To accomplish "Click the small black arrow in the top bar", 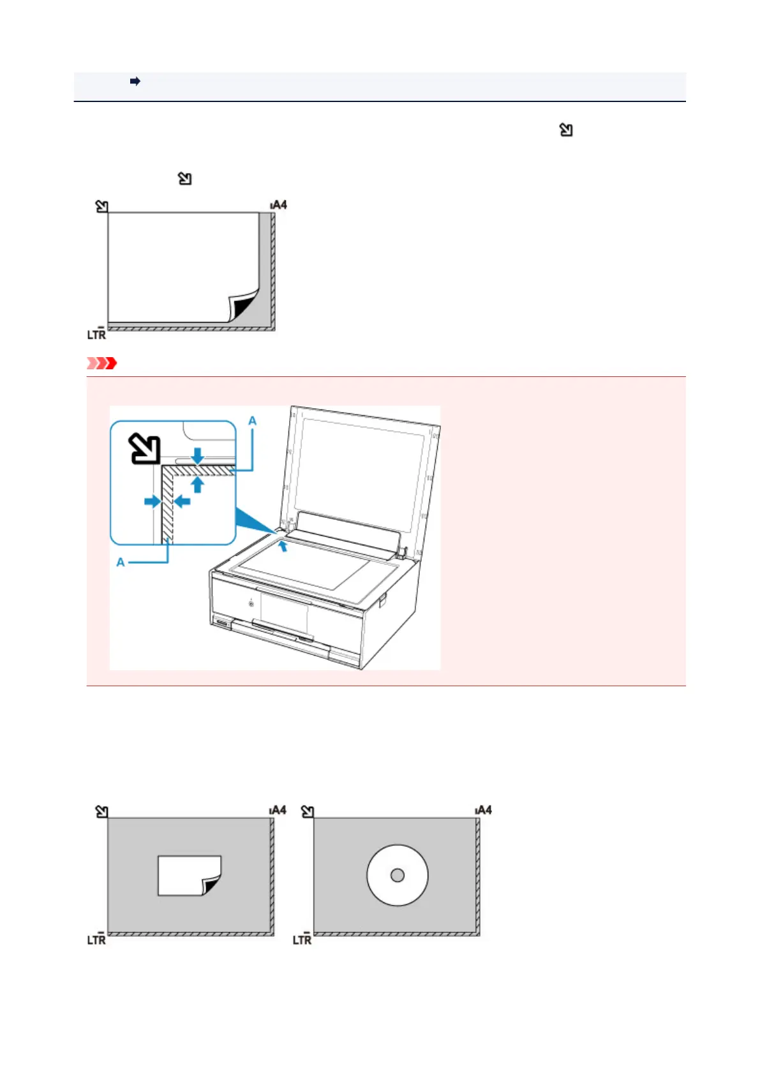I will pyautogui.click(x=135, y=81).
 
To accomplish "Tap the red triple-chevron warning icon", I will pyautogui.click(x=102, y=364).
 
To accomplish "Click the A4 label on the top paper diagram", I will pyautogui.click(x=279, y=205).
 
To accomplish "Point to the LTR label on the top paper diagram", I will pyautogui.click(x=96, y=334).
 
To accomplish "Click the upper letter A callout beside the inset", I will pyautogui.click(x=252, y=421).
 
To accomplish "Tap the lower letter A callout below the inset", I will pyautogui.click(x=121, y=562).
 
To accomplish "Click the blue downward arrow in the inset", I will pyautogui.click(x=198, y=455).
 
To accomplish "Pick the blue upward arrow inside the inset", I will pyautogui.click(x=198, y=485).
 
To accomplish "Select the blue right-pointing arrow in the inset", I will pyautogui.click(x=153, y=501).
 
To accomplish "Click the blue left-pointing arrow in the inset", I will pyautogui.click(x=182, y=501).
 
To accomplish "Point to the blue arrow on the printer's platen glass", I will pyautogui.click(x=283, y=545).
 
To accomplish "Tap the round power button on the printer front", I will pyautogui.click(x=251, y=603).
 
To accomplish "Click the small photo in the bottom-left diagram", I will pyautogui.click(x=188, y=875).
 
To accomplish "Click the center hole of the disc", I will pyautogui.click(x=397, y=875).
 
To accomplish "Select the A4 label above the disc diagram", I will pyautogui.click(x=484, y=810).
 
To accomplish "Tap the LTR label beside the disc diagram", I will pyautogui.click(x=302, y=939).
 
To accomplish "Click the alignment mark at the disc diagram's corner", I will pyautogui.click(x=308, y=811).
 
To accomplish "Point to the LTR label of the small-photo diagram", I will pyautogui.click(x=96, y=939).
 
